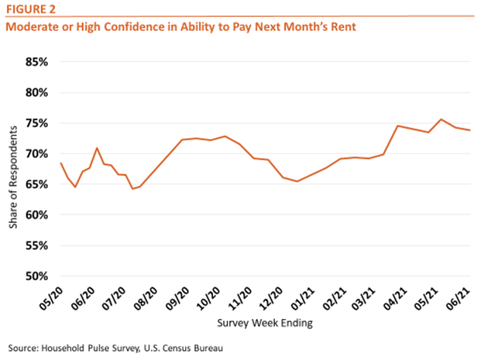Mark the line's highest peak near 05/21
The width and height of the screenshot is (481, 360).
[441, 119]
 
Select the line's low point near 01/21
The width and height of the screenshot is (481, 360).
[297, 181]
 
